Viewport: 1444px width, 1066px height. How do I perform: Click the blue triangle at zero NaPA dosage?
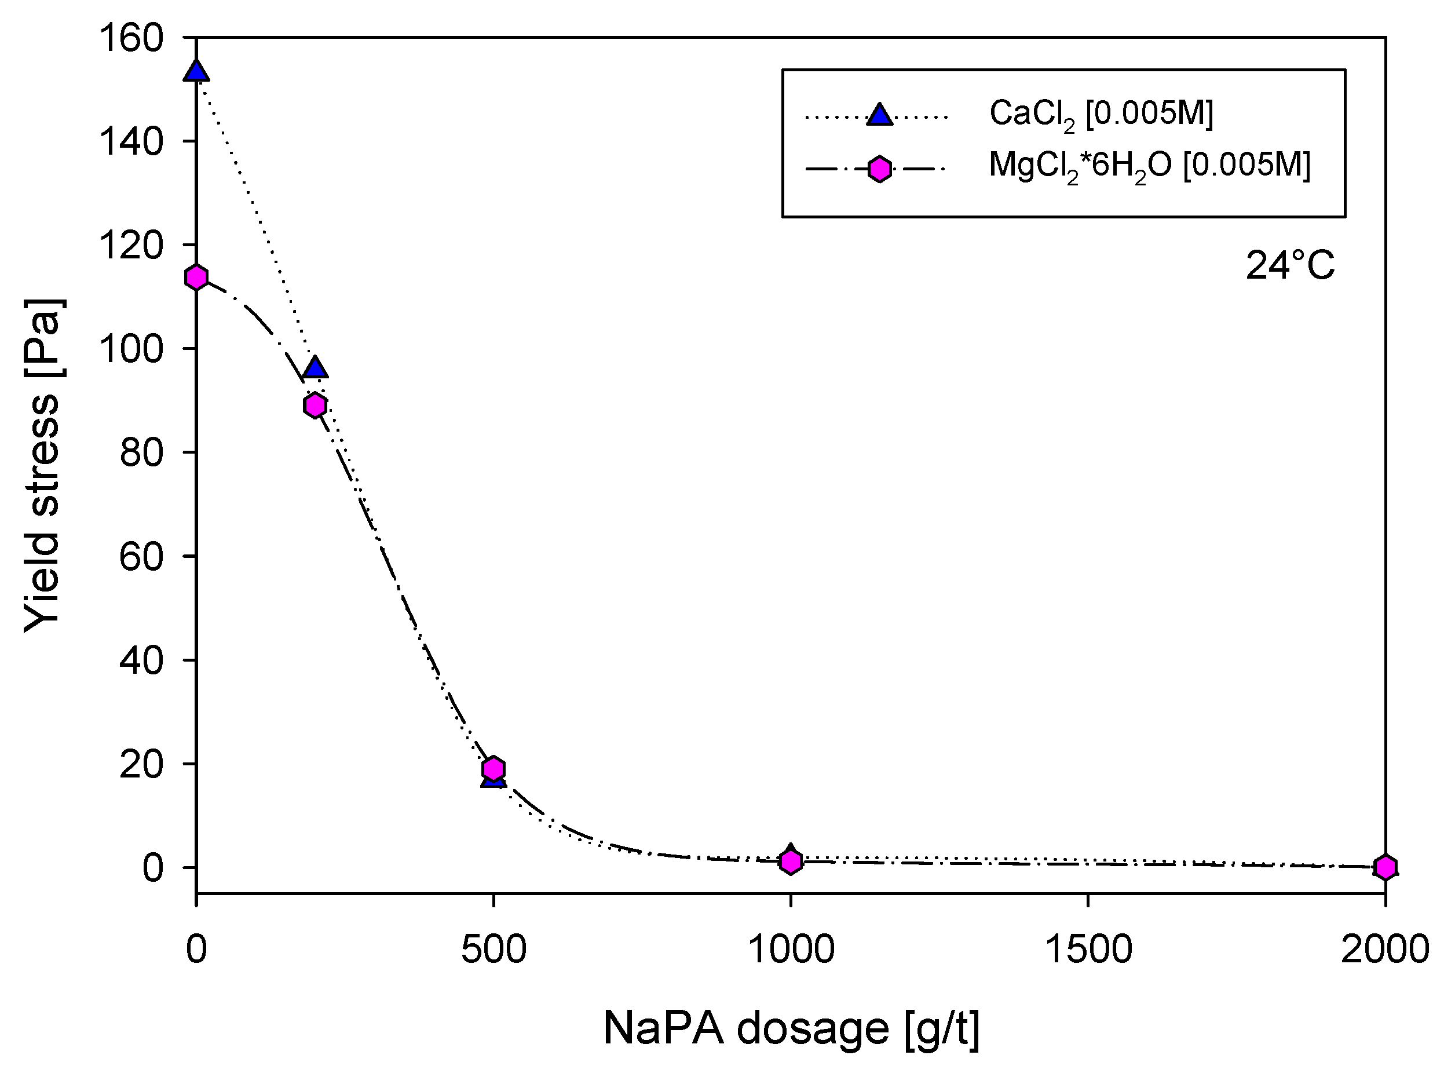click(196, 72)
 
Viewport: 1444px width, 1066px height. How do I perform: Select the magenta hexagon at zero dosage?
click(196, 278)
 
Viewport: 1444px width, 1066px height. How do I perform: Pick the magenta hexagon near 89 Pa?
click(315, 405)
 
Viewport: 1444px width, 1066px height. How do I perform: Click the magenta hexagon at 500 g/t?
click(493, 769)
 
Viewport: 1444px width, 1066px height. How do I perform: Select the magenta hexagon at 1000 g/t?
click(791, 861)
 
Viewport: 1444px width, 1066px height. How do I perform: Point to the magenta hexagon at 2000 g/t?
click(1385, 867)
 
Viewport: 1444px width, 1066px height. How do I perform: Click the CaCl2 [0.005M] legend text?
click(1101, 115)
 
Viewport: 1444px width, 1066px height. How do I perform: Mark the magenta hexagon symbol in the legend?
click(879, 170)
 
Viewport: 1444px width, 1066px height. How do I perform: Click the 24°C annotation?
click(1289, 266)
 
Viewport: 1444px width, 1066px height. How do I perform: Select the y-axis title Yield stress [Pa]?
click(43, 465)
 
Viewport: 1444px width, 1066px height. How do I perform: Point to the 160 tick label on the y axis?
click(131, 38)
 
